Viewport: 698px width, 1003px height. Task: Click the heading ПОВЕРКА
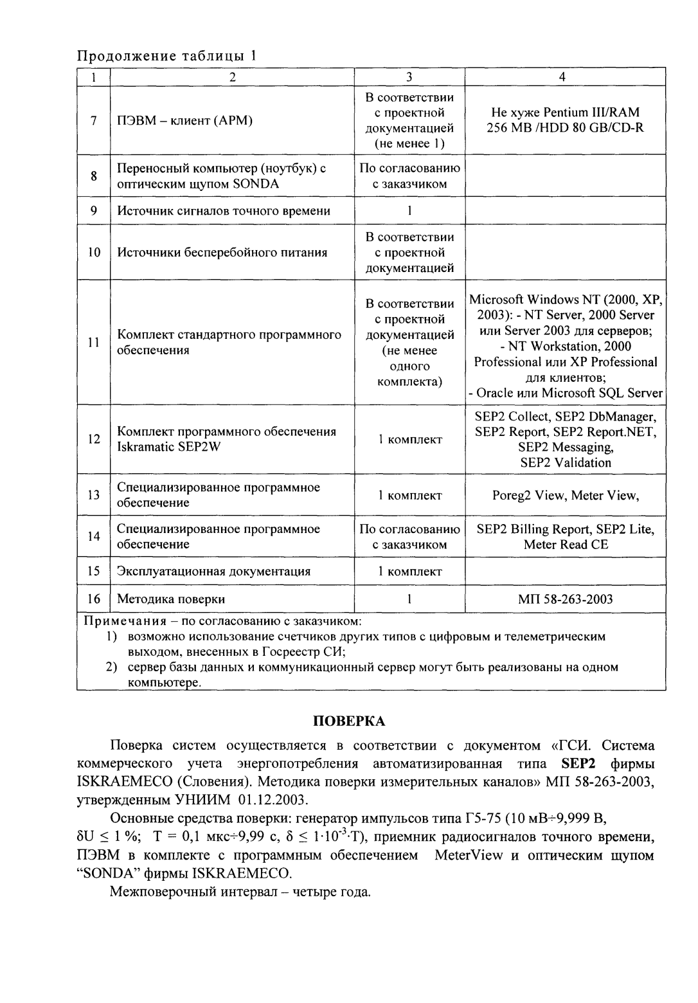349,720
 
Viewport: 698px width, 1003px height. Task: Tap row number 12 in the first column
94,439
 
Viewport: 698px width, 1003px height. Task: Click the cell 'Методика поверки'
171,599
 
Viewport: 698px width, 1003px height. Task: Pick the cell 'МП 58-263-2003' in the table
565,599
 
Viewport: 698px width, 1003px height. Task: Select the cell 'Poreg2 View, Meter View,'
565,495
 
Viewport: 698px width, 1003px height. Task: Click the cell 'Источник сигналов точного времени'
224,210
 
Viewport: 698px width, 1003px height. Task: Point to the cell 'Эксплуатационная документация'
213,571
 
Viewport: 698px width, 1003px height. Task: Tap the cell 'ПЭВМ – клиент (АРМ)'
185,120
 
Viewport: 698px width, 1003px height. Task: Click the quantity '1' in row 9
409,210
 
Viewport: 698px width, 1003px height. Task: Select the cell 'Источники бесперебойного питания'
222,252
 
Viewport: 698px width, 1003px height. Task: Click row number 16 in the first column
94,599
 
